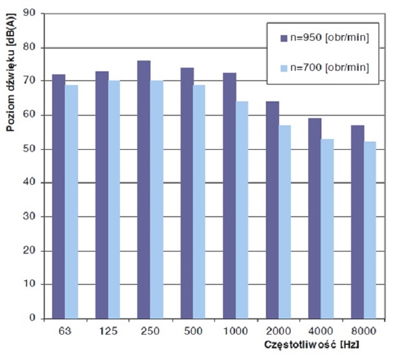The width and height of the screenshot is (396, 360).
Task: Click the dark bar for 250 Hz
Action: point(144,189)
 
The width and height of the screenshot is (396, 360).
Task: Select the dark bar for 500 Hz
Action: point(187,193)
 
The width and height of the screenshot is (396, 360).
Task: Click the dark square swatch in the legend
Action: point(284,38)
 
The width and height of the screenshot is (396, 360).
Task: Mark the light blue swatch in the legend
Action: point(284,68)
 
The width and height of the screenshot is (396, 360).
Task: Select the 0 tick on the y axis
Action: point(36,319)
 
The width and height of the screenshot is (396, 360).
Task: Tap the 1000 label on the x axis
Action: point(235,329)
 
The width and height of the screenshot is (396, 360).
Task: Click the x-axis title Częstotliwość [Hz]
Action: point(311,344)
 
